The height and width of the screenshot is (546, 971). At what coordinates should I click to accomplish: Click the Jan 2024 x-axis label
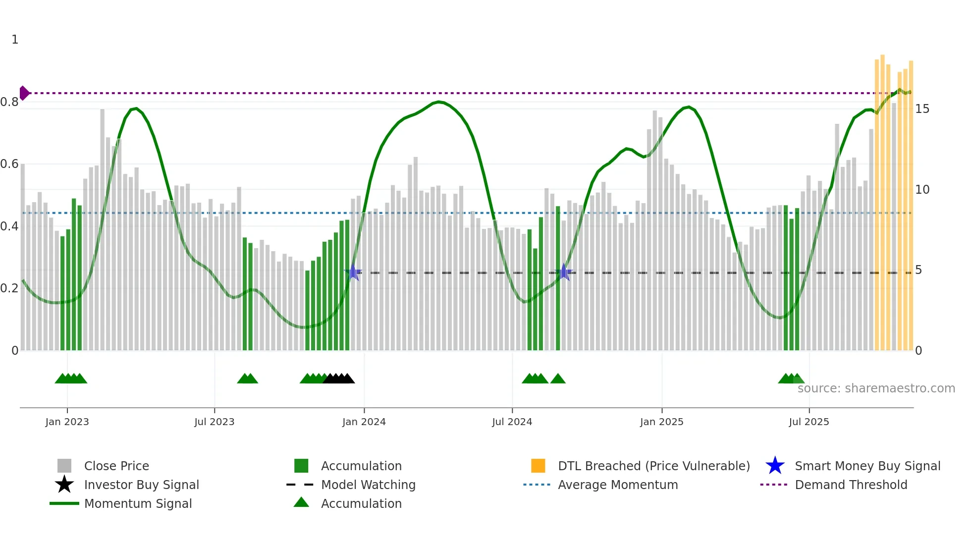364,422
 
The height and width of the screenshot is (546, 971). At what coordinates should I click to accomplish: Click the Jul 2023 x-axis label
214,422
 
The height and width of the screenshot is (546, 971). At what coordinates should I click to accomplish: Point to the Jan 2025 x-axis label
661,422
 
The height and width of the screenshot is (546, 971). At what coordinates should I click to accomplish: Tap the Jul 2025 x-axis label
809,422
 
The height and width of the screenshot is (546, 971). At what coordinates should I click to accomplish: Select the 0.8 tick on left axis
9,102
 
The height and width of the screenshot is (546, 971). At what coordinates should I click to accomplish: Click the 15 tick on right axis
922,109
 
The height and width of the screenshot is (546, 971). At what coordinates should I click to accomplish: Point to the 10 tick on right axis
922,190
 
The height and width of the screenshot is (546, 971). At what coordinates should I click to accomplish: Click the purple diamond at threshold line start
24,93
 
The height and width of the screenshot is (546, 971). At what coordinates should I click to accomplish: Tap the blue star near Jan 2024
353,272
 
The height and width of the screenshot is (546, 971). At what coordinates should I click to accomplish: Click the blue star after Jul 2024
564,272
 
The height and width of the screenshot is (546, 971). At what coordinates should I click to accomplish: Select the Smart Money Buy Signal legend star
775,466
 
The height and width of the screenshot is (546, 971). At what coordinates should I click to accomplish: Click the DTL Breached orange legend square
538,466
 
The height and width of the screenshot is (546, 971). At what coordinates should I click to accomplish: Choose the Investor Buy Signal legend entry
141,485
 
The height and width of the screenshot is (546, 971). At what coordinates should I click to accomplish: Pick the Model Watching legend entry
368,485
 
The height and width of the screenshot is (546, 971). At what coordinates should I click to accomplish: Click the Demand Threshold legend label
851,485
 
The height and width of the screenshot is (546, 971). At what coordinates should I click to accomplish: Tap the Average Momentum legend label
617,485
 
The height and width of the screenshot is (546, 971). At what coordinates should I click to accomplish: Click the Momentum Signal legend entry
138,503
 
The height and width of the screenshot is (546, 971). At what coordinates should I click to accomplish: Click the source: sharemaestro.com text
876,388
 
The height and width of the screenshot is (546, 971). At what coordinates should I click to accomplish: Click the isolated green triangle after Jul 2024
558,379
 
